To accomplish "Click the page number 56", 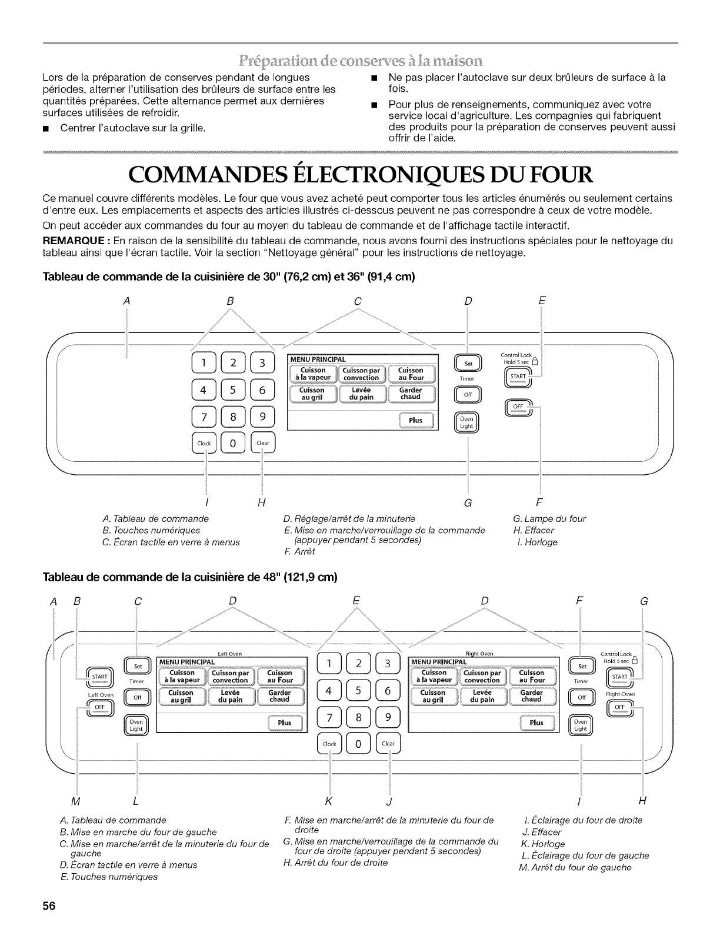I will click(x=48, y=906).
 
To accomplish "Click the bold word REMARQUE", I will click(x=71, y=241).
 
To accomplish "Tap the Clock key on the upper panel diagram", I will click(x=204, y=443).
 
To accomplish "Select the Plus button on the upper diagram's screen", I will click(x=416, y=420).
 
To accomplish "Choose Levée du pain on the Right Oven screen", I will click(x=483, y=696).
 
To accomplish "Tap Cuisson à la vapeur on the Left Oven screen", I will click(x=182, y=677).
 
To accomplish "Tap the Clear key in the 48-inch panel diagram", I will click(x=388, y=743).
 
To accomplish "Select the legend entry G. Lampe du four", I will click(x=549, y=518).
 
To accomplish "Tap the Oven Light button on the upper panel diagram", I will click(x=467, y=422).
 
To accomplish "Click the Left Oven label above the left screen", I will click(x=230, y=653).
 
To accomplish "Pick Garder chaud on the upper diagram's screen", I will click(x=410, y=393).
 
